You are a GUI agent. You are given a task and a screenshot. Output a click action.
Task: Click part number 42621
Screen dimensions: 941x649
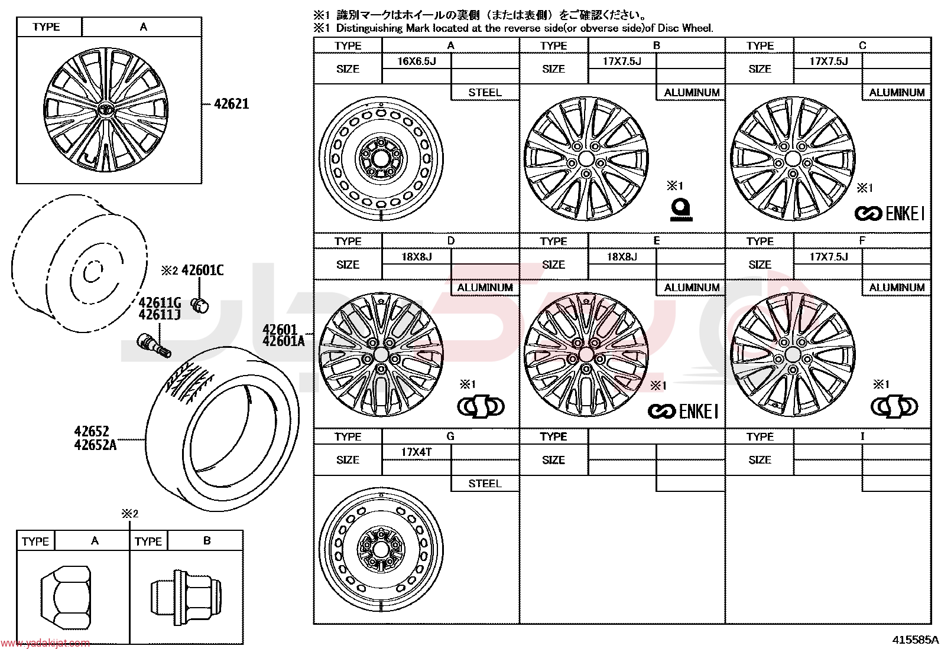pos(232,104)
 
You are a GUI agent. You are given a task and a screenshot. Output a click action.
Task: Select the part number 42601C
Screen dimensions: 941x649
pos(203,270)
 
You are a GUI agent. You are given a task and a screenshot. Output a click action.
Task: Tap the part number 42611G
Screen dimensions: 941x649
pos(160,303)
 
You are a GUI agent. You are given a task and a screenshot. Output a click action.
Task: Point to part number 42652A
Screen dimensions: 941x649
pos(95,445)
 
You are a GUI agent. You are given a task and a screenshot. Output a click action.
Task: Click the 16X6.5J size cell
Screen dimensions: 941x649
pos(416,61)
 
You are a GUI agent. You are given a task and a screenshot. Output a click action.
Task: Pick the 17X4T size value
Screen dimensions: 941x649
pos(416,452)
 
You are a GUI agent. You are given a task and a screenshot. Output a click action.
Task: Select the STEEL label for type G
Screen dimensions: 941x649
pos(485,484)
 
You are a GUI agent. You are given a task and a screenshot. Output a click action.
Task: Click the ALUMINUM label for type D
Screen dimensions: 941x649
pos(485,288)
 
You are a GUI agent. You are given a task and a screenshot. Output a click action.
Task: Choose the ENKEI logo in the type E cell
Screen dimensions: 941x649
pos(683,412)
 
